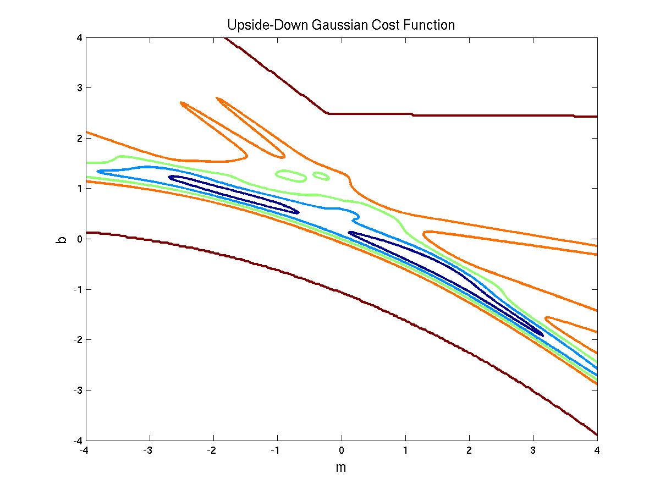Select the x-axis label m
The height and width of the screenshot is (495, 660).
coord(341,468)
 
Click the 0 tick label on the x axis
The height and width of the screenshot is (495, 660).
coord(342,449)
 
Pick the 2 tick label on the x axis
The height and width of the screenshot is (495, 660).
coord(469,449)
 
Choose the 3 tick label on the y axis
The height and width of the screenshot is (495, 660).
coord(80,87)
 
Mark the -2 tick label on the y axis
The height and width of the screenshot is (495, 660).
coord(78,340)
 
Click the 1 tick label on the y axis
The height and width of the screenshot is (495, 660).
coord(80,189)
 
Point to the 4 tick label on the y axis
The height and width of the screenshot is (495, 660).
coord(80,37)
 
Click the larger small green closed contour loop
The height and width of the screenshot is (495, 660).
coord(290,175)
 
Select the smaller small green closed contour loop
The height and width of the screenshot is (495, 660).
coord(321,175)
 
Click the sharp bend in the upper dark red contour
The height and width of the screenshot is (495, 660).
coord(327,113)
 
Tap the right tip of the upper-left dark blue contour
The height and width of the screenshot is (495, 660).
coord(298,212)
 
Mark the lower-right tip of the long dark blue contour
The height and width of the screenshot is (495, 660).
coord(543,335)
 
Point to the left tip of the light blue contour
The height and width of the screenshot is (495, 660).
coord(98,172)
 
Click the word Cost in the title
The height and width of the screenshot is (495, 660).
coord(386,25)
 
